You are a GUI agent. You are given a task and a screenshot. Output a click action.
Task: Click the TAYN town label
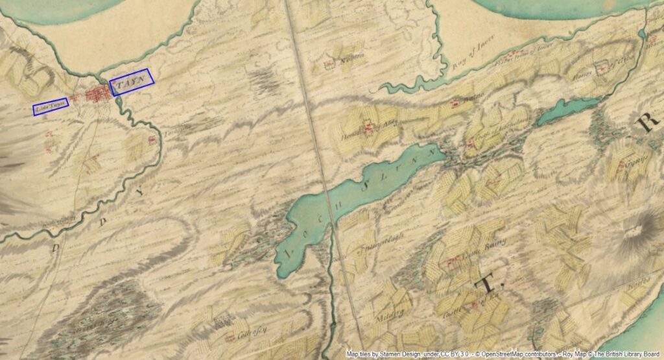[132, 82]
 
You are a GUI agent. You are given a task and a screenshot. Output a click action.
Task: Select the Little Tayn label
[50, 107]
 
